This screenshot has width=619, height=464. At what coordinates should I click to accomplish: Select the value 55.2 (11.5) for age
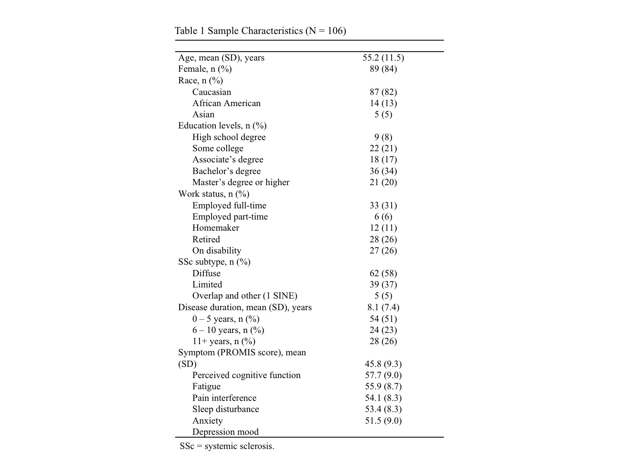[383, 58]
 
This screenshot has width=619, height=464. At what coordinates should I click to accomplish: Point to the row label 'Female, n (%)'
[205, 69]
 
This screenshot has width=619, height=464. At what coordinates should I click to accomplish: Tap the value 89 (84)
[383, 69]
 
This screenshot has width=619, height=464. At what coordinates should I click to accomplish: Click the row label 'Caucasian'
[211, 92]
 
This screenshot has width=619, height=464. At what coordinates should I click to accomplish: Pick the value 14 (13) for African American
[383, 103]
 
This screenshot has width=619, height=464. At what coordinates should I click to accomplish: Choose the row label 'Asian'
[203, 114]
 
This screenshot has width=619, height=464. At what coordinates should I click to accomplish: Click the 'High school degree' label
[229, 137]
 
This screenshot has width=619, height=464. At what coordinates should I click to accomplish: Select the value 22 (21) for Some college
[383, 148]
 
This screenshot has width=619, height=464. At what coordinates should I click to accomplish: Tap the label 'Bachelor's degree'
[226, 171]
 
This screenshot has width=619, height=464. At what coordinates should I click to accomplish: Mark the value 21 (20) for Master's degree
[383, 182]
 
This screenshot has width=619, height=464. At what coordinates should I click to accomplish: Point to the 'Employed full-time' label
[229, 205]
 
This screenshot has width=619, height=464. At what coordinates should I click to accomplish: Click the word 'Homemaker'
[215, 228]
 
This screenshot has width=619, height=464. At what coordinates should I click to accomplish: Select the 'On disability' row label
[217, 250]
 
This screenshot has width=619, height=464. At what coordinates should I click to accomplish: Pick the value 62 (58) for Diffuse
[383, 273]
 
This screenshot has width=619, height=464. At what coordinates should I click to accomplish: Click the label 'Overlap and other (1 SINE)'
[245, 296]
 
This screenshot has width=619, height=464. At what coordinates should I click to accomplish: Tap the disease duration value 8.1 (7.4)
[383, 307]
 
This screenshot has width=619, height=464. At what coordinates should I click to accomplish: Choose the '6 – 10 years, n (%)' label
[228, 330]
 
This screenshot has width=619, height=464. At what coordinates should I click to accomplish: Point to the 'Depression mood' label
[225, 432]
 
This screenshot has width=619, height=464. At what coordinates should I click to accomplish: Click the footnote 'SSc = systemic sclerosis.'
[227, 446]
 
